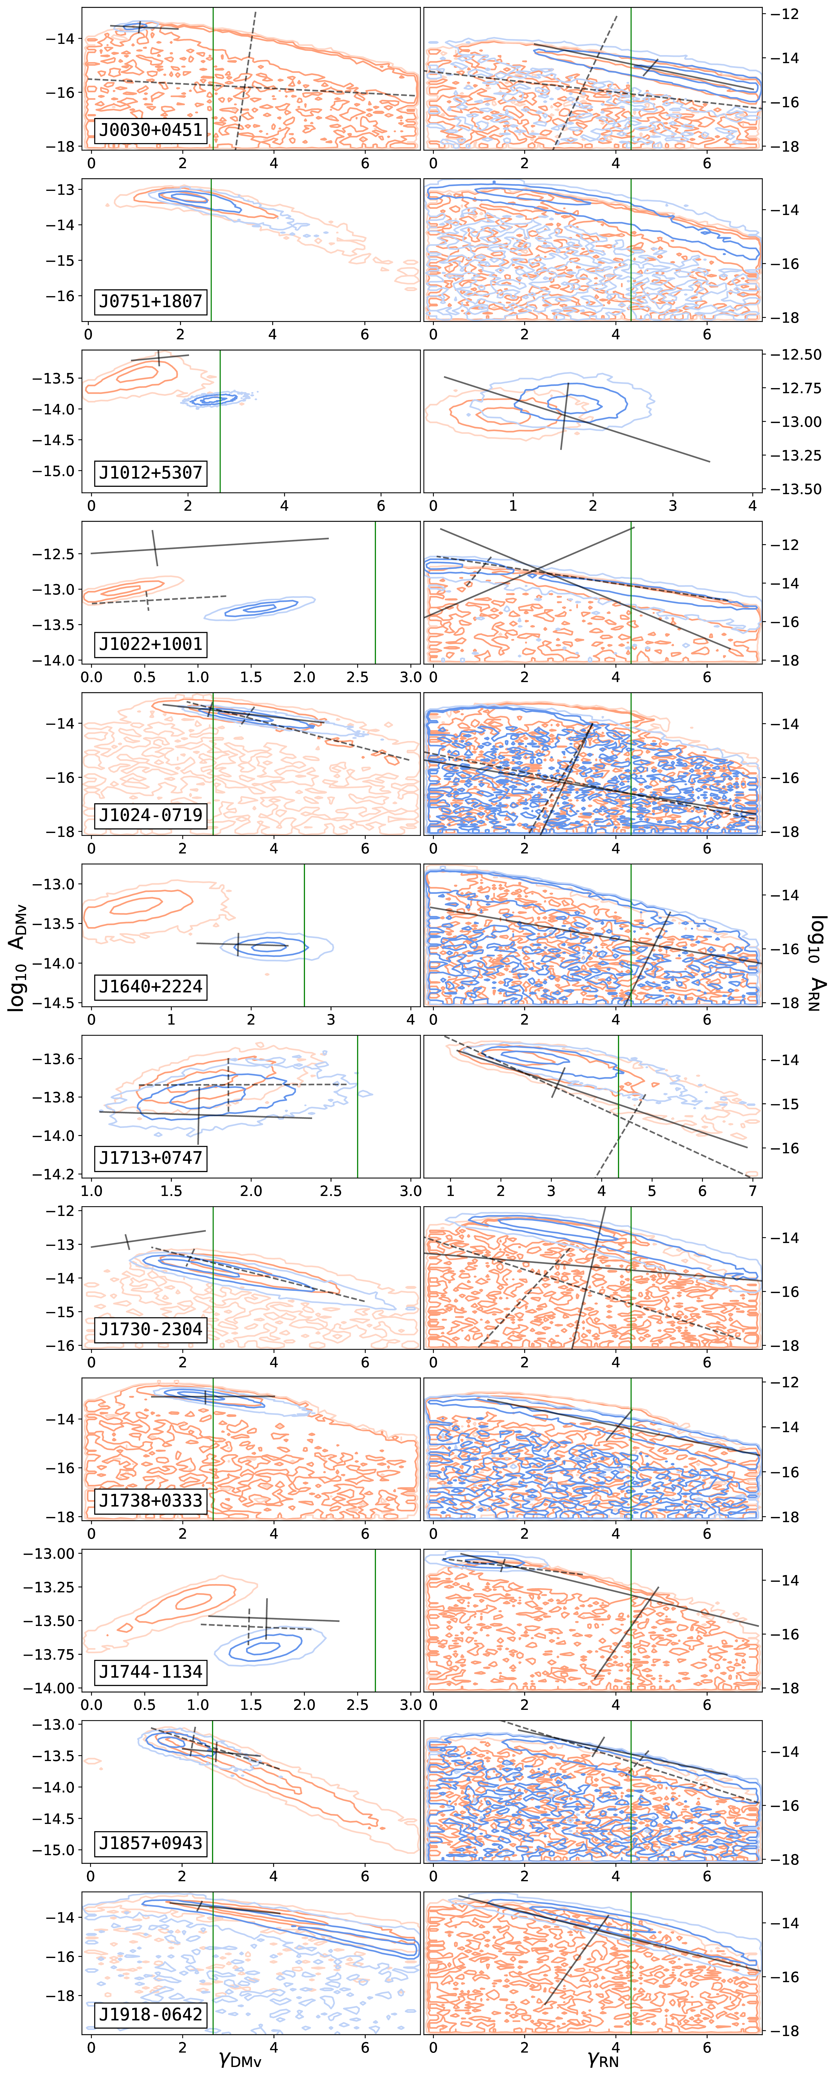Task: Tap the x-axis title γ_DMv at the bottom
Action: pyautogui.click(x=240, y=2059)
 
